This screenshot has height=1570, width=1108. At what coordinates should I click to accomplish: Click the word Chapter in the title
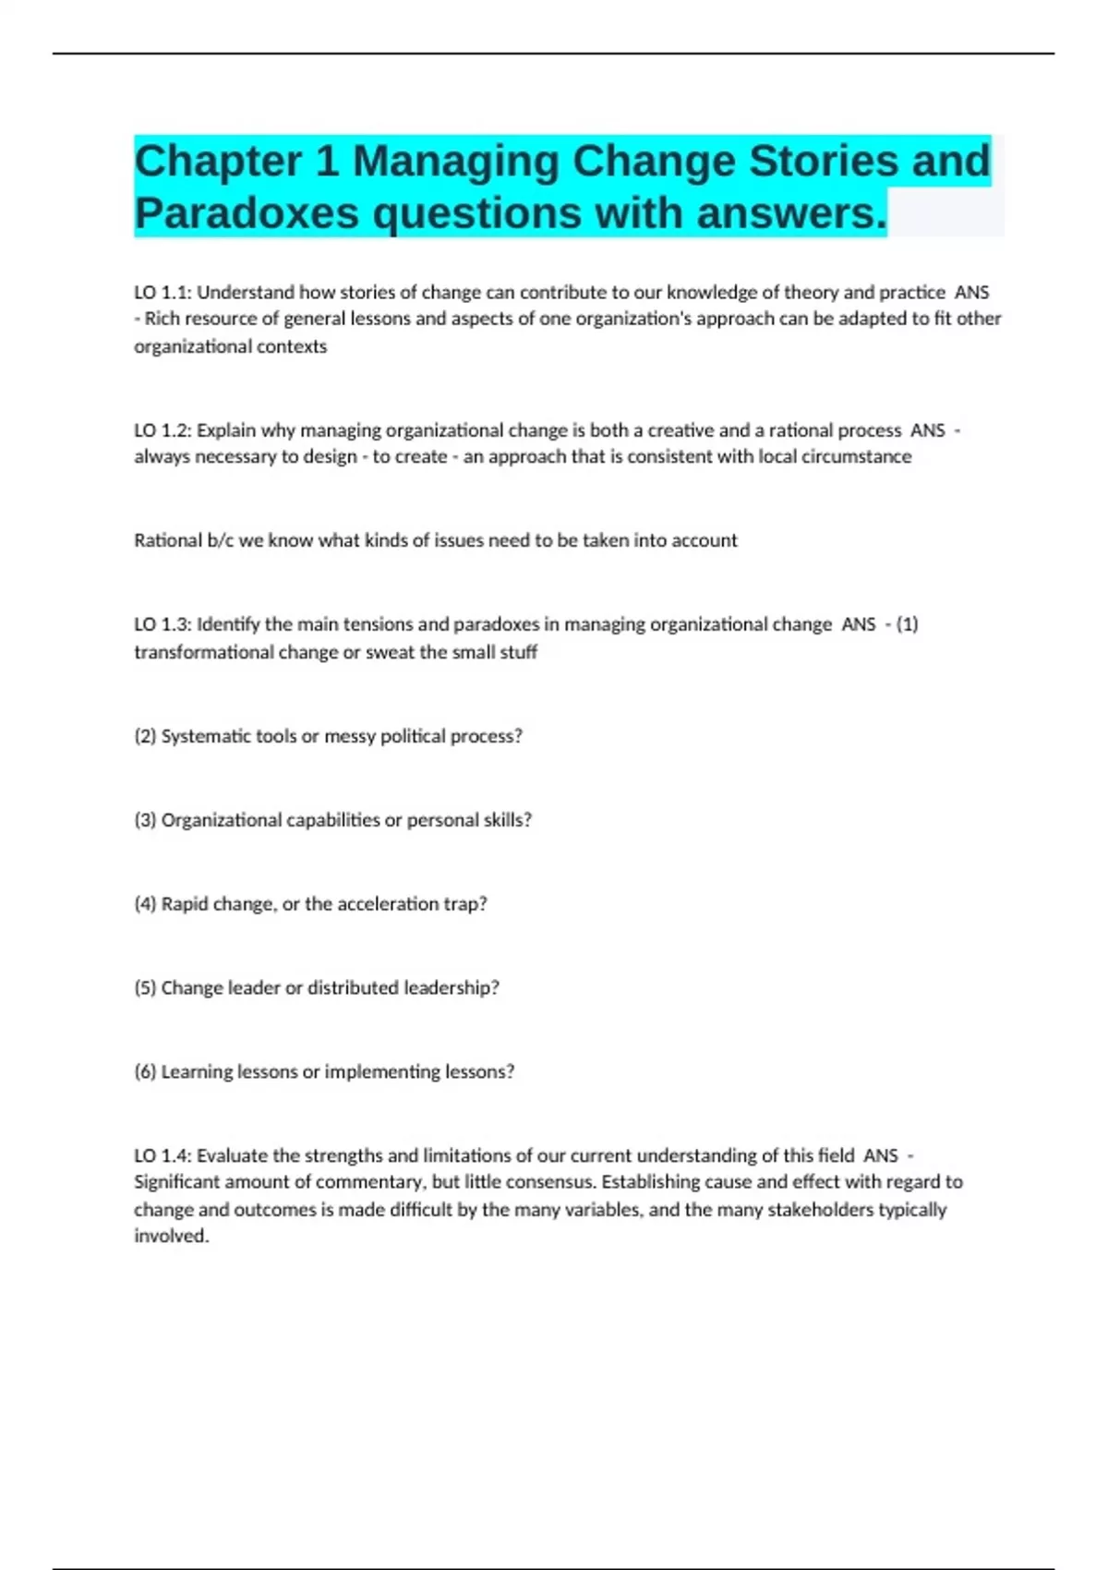[218, 162]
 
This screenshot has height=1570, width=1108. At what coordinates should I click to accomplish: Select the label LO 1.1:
[163, 293]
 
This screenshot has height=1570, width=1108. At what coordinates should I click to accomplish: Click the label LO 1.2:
[163, 430]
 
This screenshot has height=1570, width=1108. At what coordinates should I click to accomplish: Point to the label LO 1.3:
[163, 624]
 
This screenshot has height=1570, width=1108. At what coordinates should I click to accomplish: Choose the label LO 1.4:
[163, 1155]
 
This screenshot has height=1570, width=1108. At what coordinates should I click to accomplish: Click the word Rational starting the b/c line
[164, 540]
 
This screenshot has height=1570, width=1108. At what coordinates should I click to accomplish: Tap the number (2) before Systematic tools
[145, 736]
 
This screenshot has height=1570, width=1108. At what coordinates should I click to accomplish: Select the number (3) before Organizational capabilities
[145, 820]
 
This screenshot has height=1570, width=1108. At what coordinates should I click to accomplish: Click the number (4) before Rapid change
[145, 904]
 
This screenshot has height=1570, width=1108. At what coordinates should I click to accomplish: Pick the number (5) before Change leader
[145, 988]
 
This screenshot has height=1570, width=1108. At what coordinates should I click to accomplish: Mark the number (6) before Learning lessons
[145, 1072]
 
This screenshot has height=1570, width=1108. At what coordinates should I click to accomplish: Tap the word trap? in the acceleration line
[466, 904]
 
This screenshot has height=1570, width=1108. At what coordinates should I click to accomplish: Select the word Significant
[176, 1182]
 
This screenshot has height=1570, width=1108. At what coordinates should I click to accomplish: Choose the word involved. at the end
[172, 1236]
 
